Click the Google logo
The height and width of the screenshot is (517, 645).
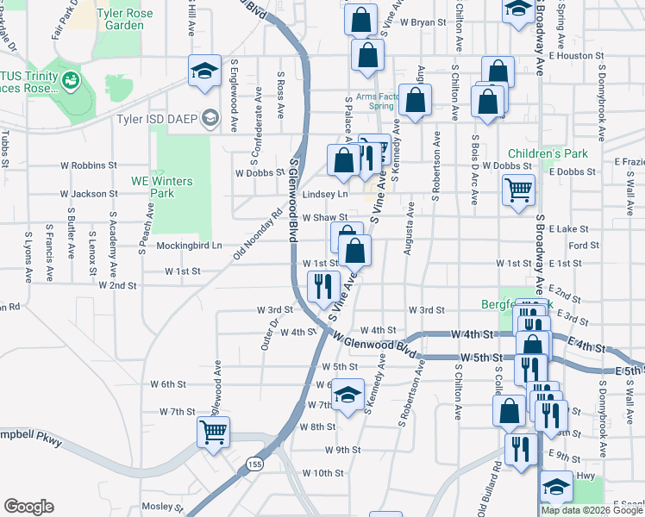click(x=28, y=506)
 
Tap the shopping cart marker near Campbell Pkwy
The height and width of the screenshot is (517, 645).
click(x=213, y=430)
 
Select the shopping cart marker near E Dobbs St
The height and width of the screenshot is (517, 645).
click(x=517, y=190)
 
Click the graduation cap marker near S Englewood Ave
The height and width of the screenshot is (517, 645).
click(x=204, y=72)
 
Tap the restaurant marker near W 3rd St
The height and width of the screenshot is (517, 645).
click(x=324, y=285)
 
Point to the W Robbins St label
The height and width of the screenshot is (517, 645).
click(x=88, y=165)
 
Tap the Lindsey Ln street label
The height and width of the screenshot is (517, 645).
click(x=331, y=195)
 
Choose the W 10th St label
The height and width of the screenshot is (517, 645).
click(x=322, y=473)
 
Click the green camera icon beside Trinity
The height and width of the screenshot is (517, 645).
click(x=71, y=82)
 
